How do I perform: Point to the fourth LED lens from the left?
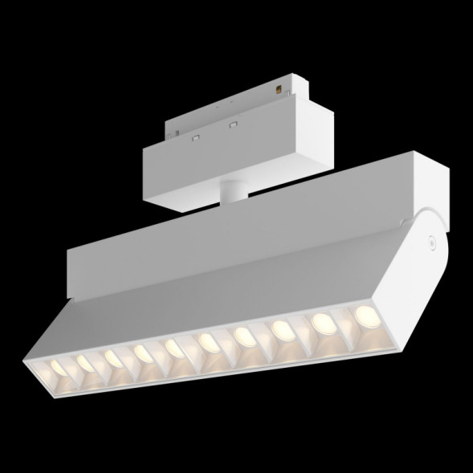pos(143,352)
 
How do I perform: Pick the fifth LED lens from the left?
pos(174,347)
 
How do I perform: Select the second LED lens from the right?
pos(323,320)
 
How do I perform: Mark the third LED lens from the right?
pos(281,328)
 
